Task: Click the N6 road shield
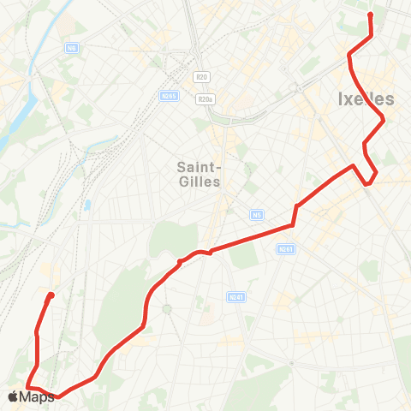[x=71, y=48]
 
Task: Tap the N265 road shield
[x=169, y=95]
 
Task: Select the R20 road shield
[x=202, y=76]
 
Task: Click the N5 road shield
[x=257, y=214]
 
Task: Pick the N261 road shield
[x=286, y=249]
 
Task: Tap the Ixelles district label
[x=372, y=99]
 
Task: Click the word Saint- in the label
[x=200, y=166]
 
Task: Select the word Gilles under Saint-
[x=200, y=182]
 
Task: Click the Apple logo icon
[x=13, y=396]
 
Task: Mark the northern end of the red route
[x=371, y=15]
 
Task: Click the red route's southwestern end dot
[x=51, y=295]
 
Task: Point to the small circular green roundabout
[x=167, y=308]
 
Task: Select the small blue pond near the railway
[x=87, y=206]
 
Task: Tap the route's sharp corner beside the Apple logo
[x=27, y=387]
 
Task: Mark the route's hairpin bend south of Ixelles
[x=369, y=182]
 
